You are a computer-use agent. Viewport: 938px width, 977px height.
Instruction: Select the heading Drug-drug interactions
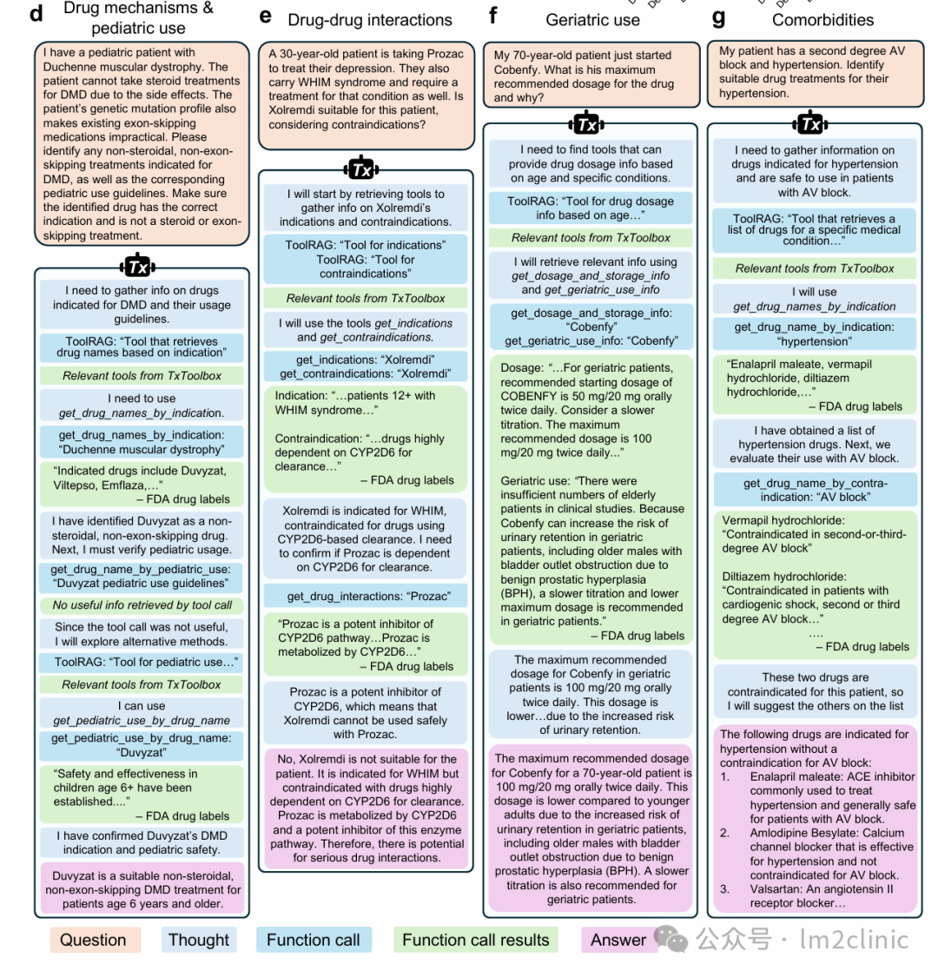370,19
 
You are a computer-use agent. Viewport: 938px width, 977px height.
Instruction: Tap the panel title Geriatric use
592,19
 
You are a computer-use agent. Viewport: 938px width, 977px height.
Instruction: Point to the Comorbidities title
822,19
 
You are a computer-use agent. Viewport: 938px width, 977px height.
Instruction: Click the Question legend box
93,940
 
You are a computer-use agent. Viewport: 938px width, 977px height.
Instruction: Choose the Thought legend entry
199,940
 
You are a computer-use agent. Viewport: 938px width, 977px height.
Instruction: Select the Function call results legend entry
475,940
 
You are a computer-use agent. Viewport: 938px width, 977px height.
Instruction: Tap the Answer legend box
618,940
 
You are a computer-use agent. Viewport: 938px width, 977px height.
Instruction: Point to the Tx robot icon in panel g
811,123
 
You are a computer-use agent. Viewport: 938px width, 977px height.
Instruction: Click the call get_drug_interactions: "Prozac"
365,597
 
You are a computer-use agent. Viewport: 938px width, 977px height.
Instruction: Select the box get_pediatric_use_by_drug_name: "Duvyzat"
141,745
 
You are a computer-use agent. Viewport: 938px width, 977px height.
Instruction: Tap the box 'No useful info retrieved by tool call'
142,605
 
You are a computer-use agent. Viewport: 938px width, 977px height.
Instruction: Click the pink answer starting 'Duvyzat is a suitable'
142,889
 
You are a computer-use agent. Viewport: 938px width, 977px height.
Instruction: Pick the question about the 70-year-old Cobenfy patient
591,76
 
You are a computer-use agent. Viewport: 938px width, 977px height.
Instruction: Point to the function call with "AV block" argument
815,490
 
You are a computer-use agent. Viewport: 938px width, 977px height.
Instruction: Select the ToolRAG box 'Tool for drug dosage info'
591,208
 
